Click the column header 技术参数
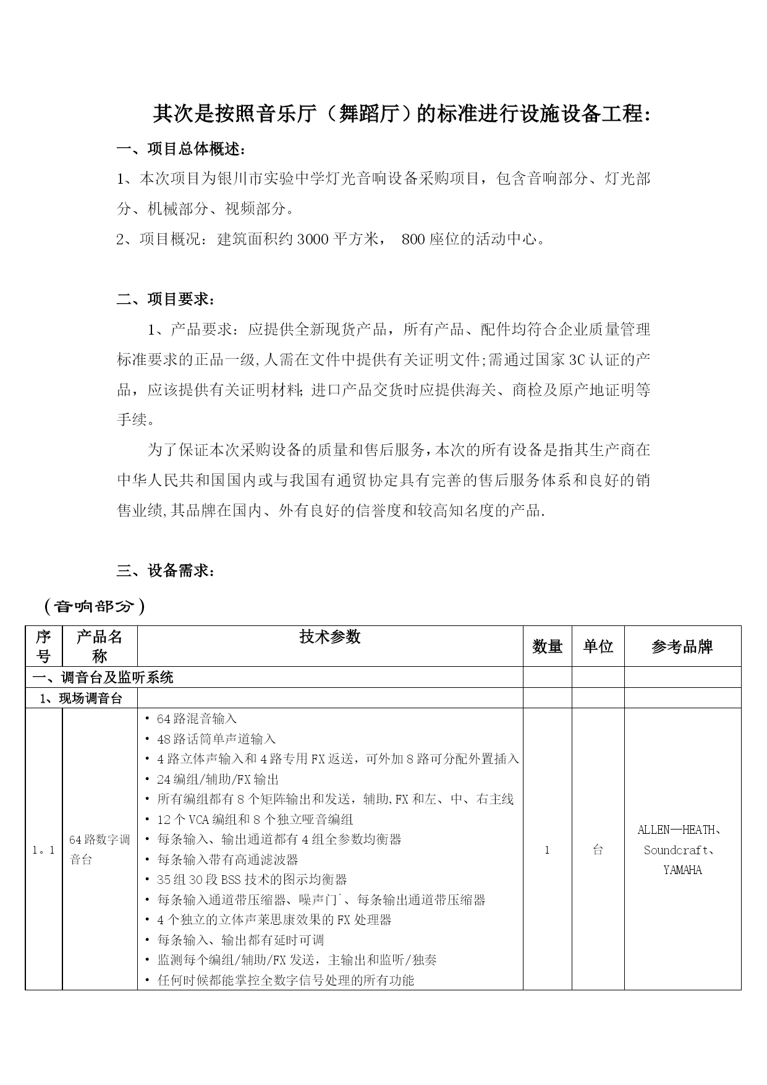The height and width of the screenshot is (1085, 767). (x=330, y=637)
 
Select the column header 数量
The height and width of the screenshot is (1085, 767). (x=547, y=646)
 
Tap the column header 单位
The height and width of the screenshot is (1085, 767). (x=598, y=646)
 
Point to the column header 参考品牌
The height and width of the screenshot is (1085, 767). (x=682, y=646)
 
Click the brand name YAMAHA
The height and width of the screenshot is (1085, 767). (x=682, y=870)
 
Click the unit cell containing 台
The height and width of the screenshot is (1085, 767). (x=598, y=850)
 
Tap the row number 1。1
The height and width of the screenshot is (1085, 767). (x=43, y=850)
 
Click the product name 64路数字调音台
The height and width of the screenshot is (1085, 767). (x=100, y=849)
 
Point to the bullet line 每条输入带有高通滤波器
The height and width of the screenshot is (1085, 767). (x=227, y=859)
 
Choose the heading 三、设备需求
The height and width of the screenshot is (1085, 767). (x=166, y=571)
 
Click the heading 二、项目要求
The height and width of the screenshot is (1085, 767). (x=166, y=299)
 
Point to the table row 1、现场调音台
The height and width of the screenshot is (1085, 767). (x=81, y=698)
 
